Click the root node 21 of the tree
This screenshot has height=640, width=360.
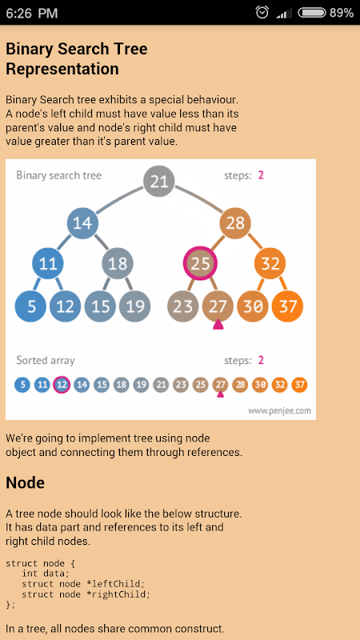(159, 182)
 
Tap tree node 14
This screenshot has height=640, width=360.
(83, 223)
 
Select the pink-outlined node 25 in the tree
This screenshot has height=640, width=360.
(200, 264)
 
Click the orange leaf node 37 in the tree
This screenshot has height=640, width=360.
(287, 306)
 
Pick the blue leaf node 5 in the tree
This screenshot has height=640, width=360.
(30, 306)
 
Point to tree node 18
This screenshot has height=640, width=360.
(118, 264)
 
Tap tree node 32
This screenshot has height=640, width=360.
(270, 264)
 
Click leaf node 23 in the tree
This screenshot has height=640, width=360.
(183, 306)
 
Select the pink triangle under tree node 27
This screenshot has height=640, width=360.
(218, 325)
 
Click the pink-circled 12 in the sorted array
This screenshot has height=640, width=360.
(62, 385)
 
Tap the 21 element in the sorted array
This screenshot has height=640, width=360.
(161, 385)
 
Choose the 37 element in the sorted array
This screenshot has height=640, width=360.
(299, 385)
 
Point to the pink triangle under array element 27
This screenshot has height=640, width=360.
(221, 394)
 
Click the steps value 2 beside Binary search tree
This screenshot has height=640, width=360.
(261, 175)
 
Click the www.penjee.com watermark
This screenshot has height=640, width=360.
(279, 410)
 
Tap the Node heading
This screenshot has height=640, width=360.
(25, 483)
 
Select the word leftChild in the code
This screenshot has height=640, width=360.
(125, 583)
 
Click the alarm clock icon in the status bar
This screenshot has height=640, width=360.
(262, 12)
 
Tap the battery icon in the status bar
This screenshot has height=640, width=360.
(312, 13)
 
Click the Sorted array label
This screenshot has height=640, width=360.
(46, 361)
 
